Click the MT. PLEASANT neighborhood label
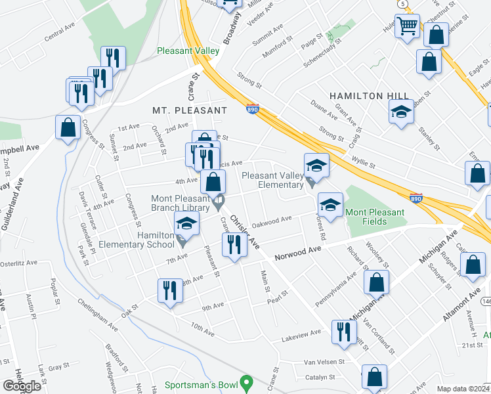189,110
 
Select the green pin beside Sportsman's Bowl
246,382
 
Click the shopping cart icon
408,26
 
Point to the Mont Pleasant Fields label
384,212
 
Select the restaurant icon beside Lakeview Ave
343,332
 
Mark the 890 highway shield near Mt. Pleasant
253,110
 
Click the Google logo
22,386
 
